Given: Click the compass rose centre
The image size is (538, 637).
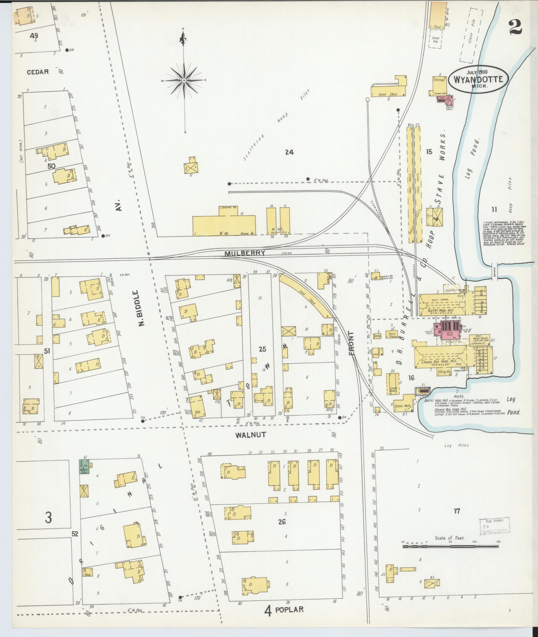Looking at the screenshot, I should tap(184, 80).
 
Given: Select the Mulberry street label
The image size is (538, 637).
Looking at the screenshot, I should tap(245, 253).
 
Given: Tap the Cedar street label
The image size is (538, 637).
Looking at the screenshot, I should tap(38, 72).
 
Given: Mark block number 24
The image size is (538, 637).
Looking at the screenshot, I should tap(289, 152).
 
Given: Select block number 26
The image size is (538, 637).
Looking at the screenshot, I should tap(282, 522).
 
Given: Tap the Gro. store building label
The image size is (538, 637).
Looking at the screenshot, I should tap(198, 413).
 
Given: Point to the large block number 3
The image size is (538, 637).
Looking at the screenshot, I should tap(48, 518).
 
